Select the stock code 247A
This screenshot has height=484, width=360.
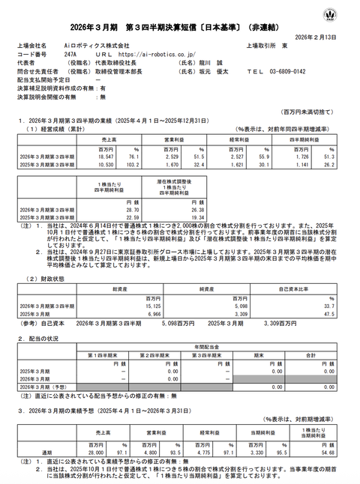click(x=70, y=55)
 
